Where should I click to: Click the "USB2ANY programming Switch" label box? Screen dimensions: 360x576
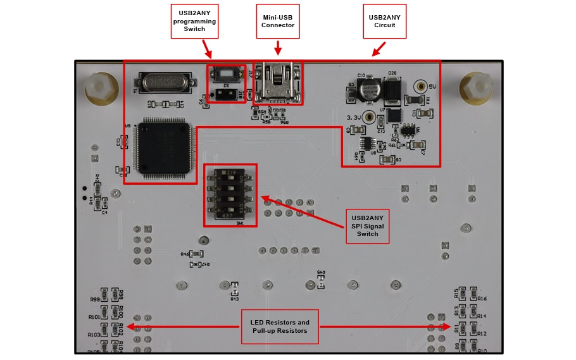(194, 21)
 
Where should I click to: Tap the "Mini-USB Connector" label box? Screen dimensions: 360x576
(278, 21)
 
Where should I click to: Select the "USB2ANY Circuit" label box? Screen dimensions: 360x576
(384, 21)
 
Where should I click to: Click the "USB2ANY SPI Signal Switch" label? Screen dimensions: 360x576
(368, 225)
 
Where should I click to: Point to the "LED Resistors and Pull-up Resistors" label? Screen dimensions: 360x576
(280, 326)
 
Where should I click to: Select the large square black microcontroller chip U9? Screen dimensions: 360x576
(163, 147)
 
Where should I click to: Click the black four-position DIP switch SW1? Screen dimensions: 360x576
(230, 195)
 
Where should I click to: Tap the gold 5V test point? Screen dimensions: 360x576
(419, 86)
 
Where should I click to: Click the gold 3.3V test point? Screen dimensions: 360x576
(368, 117)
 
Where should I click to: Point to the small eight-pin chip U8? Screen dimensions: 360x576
(365, 144)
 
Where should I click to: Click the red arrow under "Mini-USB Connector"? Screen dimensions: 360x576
(277, 48)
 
